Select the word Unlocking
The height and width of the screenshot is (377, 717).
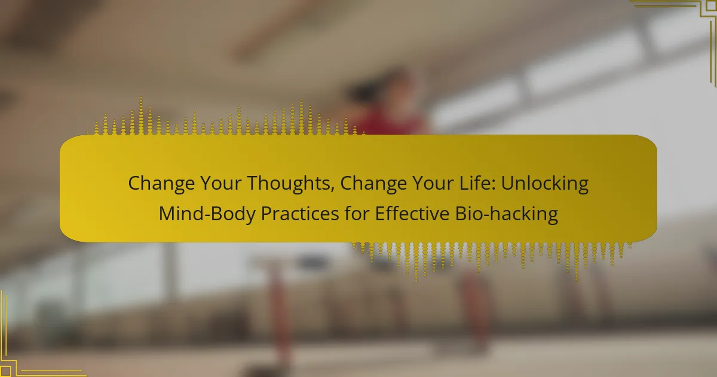(x=545, y=184)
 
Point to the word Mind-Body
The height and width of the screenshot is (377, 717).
(x=207, y=214)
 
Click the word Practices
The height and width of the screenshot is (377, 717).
(x=300, y=214)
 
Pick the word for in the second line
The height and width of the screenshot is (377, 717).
(x=357, y=214)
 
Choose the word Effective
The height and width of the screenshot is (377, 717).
(x=412, y=214)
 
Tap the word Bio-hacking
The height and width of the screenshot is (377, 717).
(x=507, y=214)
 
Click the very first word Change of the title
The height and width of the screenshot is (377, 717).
(x=161, y=184)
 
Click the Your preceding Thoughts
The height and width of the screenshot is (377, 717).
(x=221, y=183)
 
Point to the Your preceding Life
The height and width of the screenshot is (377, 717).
(x=433, y=183)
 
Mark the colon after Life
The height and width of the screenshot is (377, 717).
(x=494, y=185)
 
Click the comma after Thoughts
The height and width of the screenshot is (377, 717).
(x=333, y=190)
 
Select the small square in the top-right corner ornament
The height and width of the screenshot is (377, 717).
(x=712, y=5)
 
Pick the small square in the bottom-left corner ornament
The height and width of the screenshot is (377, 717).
(x=5, y=371)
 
